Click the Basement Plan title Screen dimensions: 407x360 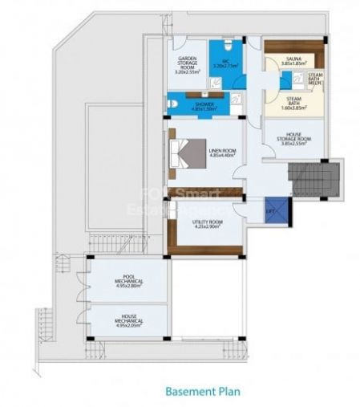tap(204, 393)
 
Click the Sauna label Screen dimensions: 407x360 tap(293, 59)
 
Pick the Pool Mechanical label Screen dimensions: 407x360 tap(128, 277)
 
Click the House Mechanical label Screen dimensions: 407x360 tap(128, 319)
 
